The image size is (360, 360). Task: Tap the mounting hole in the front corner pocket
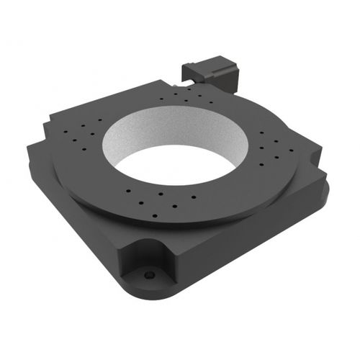(x=149, y=275)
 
